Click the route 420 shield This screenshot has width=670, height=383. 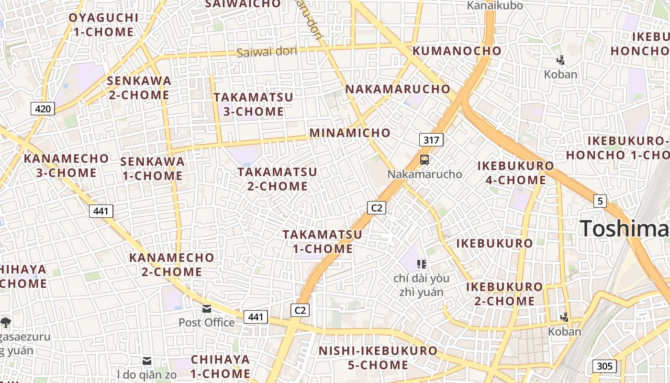(x=43, y=109)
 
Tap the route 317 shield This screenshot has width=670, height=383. (x=431, y=140)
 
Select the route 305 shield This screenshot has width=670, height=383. (x=604, y=366)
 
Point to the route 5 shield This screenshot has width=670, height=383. (x=600, y=201)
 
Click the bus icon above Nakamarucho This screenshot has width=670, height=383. (x=424, y=160)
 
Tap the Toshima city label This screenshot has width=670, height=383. (x=625, y=228)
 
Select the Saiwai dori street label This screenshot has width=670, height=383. (x=267, y=51)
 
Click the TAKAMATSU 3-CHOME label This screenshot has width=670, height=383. (x=253, y=104)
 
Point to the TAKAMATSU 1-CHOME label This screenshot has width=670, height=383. (x=322, y=242)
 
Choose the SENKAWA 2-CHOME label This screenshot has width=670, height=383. (x=139, y=88)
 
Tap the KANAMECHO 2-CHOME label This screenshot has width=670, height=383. (x=172, y=264)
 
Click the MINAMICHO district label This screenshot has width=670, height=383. (x=350, y=133)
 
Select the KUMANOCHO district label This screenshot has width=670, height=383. (x=457, y=51)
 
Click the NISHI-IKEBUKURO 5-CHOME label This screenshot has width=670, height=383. (x=378, y=358)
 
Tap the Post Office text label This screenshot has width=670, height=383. (x=207, y=322)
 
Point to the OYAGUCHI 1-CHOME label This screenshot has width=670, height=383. (x=103, y=25)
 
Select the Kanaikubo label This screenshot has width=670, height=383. (x=495, y=6)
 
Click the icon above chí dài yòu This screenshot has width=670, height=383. (x=422, y=264)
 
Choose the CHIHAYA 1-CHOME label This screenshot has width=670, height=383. (x=220, y=366)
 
